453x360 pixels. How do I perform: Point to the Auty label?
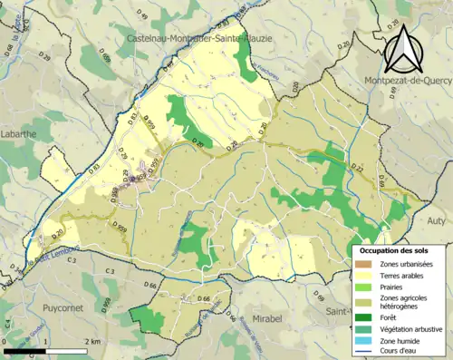(x=436, y=219)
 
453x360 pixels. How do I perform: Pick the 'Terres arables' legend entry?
(x=400, y=276)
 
